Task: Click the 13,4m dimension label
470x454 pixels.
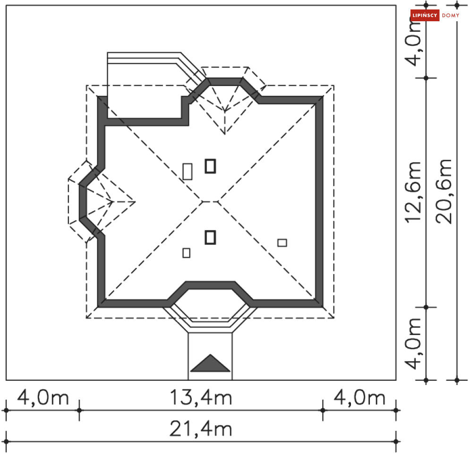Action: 201,398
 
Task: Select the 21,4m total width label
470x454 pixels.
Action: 201,429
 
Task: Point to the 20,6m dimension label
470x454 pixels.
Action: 444,191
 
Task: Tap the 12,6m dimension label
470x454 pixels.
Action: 413,192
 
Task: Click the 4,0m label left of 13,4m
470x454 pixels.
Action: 43,398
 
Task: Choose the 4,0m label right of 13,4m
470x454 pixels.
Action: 359,398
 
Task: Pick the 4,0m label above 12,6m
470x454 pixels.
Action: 413,42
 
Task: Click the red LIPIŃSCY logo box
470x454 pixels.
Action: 425,15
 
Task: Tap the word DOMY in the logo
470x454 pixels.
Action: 451,15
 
